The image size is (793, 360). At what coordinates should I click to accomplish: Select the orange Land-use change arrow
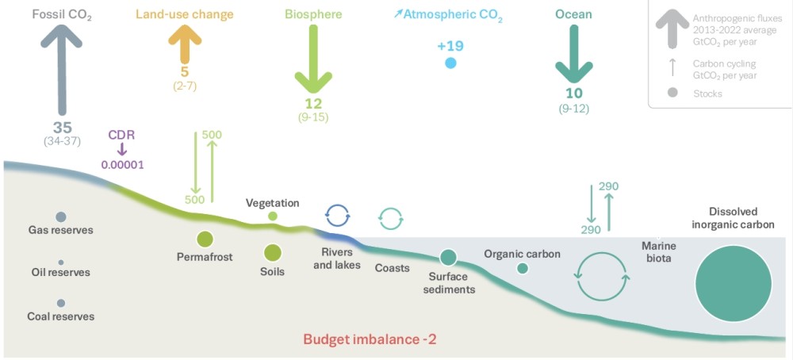coord(184,44)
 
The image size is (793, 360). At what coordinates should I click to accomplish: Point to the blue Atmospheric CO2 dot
coord(450,63)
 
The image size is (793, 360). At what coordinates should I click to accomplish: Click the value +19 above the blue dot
coord(450,46)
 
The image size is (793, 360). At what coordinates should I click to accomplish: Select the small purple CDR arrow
coord(121,149)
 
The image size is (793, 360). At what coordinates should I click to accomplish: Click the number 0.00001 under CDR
coord(121,164)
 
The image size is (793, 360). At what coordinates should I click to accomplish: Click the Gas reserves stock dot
coord(61,216)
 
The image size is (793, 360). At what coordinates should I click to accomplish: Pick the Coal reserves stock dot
coord(61,303)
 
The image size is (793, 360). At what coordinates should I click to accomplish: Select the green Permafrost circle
coord(205,239)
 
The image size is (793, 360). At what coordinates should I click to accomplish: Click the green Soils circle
coord(273,253)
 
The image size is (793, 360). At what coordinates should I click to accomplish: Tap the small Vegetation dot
coord(273,216)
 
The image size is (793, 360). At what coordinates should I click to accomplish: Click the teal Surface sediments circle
coord(449,257)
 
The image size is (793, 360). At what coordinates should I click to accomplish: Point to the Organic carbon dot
coord(522,269)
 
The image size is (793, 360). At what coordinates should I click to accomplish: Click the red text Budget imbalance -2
coord(370,339)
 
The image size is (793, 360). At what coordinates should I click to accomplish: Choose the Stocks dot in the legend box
coord(672,93)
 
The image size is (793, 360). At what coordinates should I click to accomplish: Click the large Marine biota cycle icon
coord(602,277)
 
